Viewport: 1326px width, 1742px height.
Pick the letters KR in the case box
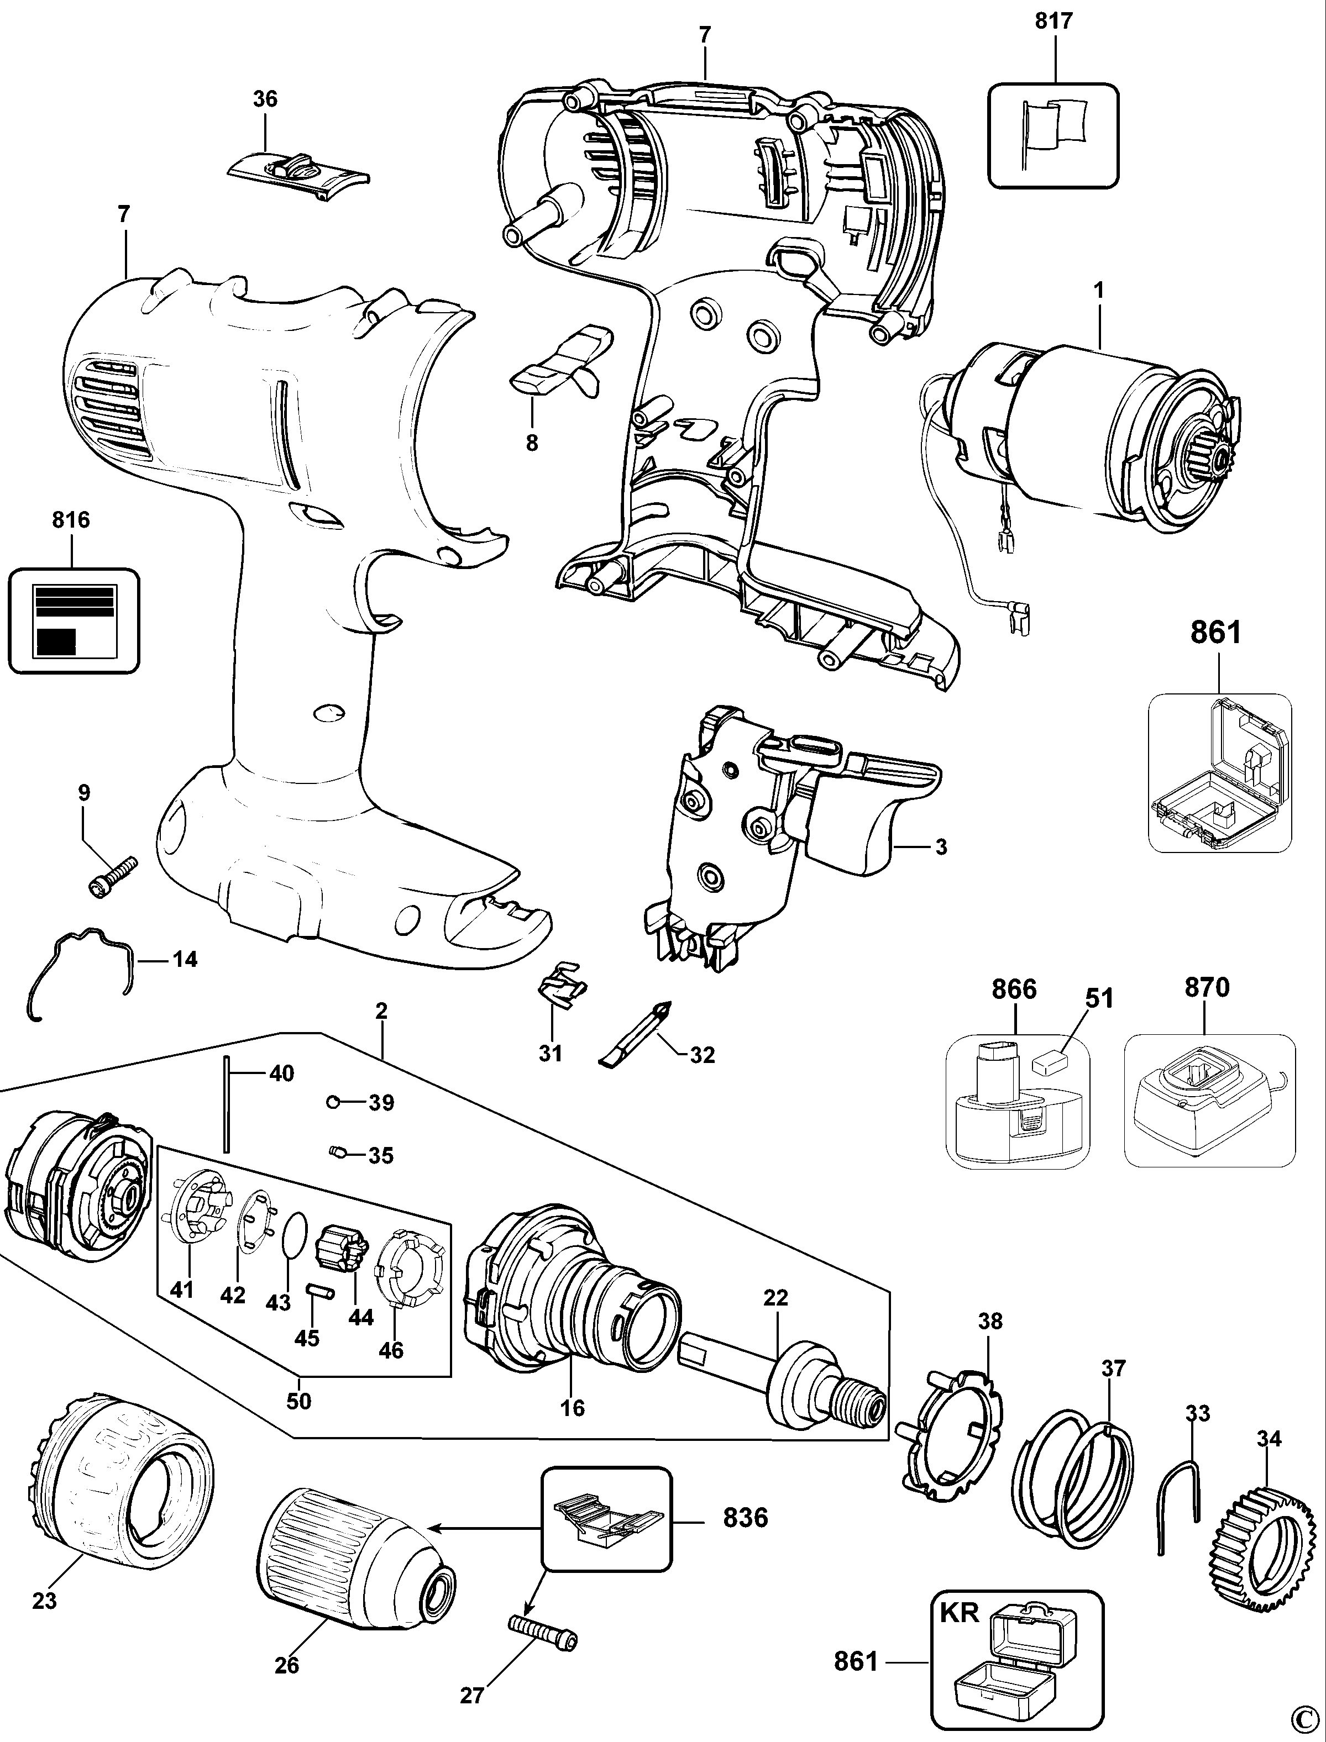pyautogui.click(x=959, y=1607)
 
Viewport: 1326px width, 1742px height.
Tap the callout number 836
pyautogui.click(x=745, y=1517)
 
